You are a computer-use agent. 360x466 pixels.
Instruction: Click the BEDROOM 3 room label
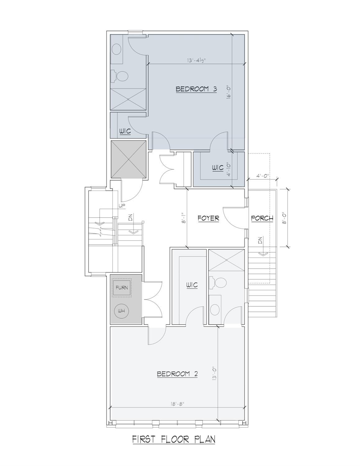point(196,89)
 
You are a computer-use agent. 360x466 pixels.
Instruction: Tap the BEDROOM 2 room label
point(177,374)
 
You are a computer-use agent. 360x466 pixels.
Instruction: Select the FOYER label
point(208,218)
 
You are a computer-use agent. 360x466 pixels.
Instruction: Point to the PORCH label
point(262,218)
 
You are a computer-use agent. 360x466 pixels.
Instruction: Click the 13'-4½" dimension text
point(196,60)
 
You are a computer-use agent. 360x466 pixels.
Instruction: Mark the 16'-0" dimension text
point(229,92)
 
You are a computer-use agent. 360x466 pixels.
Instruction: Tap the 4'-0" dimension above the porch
point(262,176)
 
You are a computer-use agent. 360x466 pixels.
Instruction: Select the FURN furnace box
point(122,288)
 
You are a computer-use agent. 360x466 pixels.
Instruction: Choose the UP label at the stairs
point(122,206)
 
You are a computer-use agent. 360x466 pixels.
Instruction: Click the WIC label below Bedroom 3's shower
point(125,131)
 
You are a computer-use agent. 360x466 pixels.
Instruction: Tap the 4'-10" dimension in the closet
point(229,169)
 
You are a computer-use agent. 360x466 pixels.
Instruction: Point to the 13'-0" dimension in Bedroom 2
point(215,373)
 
